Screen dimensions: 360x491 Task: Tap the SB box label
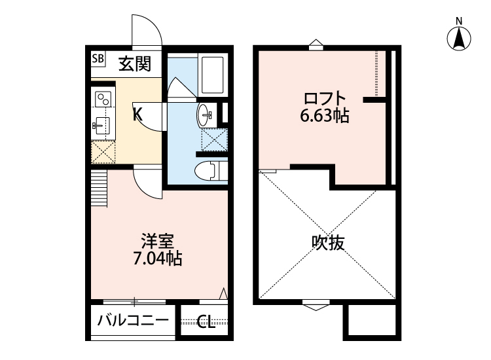[98, 59]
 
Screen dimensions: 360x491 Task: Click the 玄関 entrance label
[136, 63]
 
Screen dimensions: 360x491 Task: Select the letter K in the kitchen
[137, 114]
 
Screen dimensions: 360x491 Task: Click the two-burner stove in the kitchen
[103, 99]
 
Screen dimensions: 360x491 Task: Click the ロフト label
[324, 99]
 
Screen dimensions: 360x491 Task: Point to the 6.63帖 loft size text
[324, 117]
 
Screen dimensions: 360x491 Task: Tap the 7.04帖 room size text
[158, 259]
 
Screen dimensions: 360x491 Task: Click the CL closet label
[206, 322]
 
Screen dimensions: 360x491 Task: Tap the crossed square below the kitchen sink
[102, 151]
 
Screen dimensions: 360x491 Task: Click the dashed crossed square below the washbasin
[211, 138]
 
